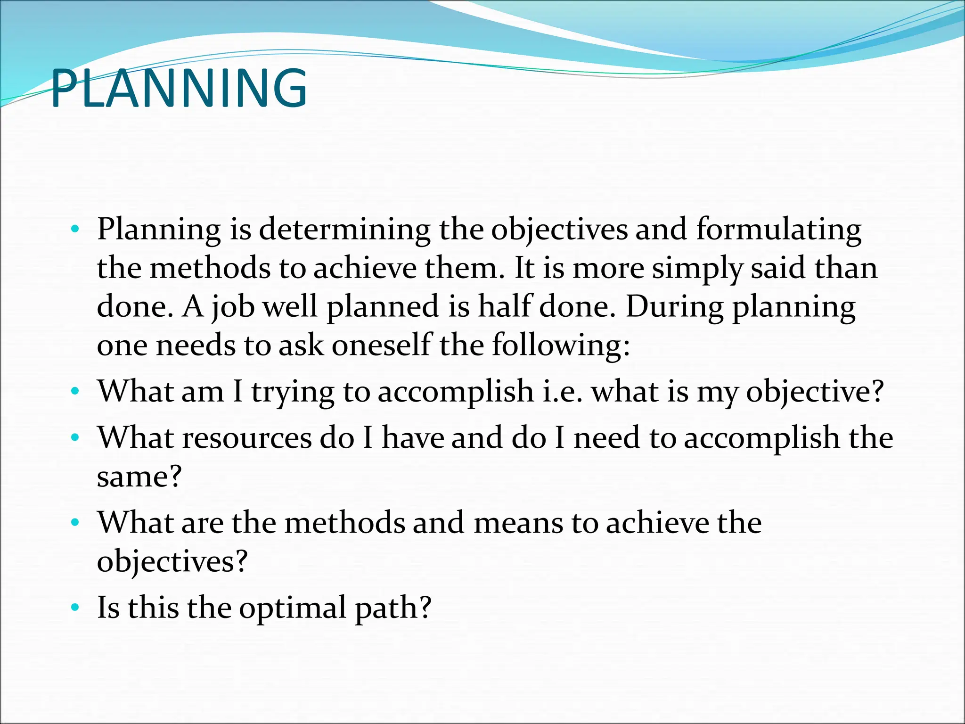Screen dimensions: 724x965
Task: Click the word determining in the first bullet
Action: coord(344,230)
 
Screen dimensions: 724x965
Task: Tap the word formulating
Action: coord(778,230)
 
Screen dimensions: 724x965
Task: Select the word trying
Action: coord(293,392)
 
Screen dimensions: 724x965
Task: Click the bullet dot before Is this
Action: coord(74,608)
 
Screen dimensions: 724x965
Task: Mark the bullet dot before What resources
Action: coord(74,438)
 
